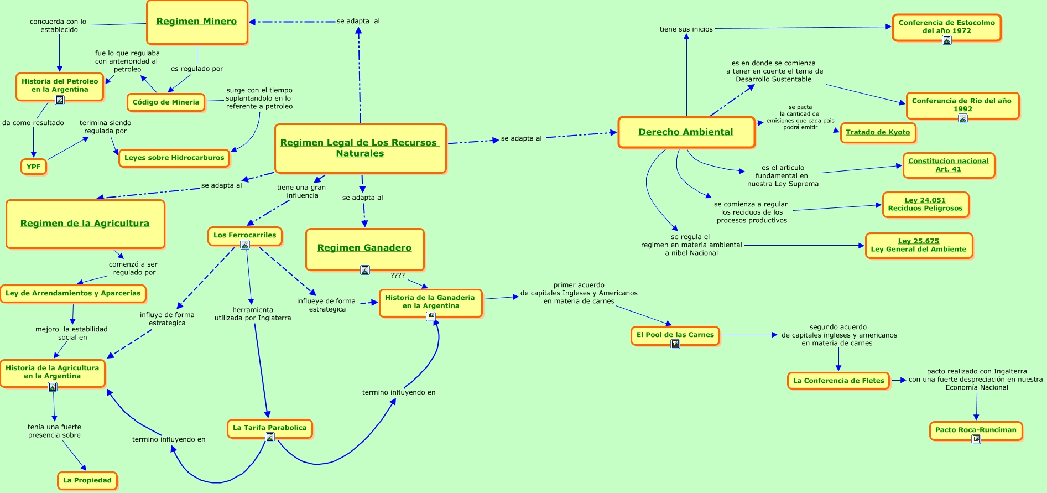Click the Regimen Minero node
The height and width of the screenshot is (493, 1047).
[197, 22]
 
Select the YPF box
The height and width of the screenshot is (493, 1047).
[34, 167]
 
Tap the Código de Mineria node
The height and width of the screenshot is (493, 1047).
[166, 102]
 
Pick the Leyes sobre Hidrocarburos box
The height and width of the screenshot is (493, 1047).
[174, 158]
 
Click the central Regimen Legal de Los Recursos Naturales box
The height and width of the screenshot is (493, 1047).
[360, 148]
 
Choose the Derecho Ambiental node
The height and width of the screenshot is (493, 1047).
[686, 132]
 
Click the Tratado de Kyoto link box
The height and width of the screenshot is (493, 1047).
[878, 132]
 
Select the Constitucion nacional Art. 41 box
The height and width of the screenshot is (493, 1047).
[949, 165]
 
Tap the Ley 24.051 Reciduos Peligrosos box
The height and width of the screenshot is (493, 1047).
[925, 205]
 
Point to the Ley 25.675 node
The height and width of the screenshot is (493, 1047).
[919, 245]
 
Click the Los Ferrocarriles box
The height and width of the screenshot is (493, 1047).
[245, 235]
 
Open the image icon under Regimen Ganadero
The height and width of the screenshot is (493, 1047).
[365, 270]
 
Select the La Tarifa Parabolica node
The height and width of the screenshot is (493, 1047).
[270, 428]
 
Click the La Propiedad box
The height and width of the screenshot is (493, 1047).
[87, 480]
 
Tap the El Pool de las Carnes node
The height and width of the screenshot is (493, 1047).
[675, 335]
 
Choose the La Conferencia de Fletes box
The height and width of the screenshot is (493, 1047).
[838, 381]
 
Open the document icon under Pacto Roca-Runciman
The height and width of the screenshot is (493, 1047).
[976, 439]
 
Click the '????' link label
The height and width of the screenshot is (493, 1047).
[398, 276]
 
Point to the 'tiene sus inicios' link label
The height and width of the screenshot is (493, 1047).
[686, 29]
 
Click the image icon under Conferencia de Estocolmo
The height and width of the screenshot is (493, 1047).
[947, 40]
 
